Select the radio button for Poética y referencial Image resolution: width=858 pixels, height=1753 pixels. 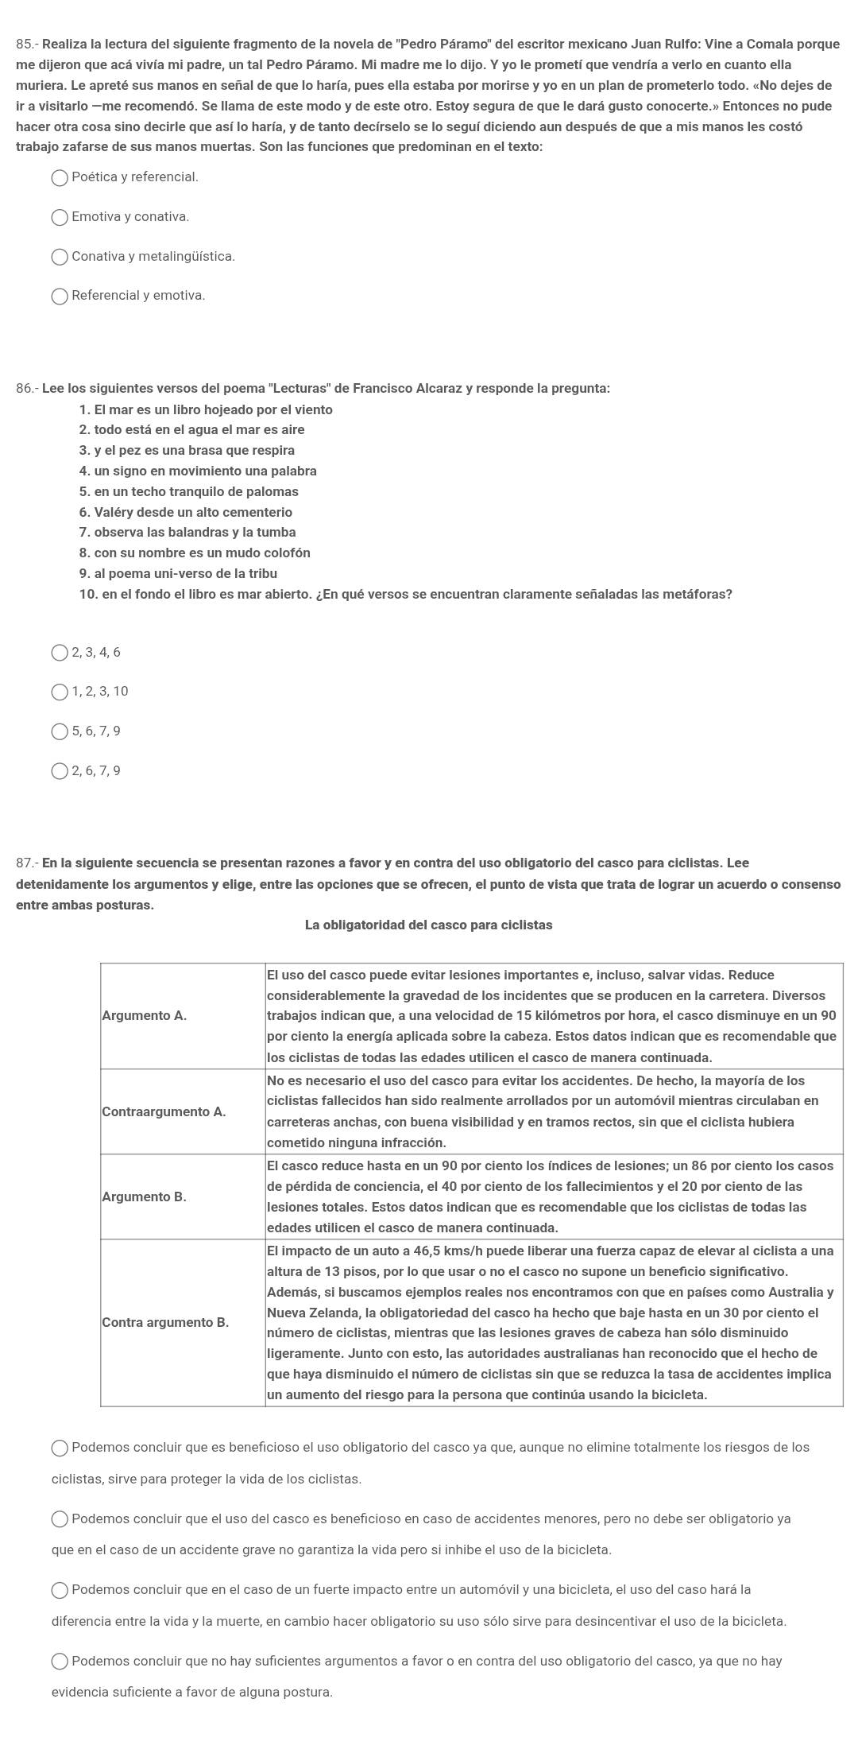click(x=60, y=178)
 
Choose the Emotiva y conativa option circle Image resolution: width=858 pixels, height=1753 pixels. click(x=60, y=218)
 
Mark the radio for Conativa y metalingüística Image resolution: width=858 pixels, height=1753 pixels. click(x=60, y=257)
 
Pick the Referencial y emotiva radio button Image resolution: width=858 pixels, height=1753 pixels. click(x=60, y=297)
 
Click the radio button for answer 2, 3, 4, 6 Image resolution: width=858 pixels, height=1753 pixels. click(x=60, y=653)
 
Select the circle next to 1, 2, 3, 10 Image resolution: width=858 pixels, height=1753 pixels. click(x=60, y=692)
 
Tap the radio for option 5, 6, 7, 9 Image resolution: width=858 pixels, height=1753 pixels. click(x=60, y=731)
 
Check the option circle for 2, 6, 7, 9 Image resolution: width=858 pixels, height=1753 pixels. click(x=60, y=771)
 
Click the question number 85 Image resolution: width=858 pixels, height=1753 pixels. click(x=26, y=44)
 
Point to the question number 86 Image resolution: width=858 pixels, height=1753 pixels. click(x=26, y=389)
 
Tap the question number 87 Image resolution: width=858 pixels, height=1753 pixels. click(x=26, y=863)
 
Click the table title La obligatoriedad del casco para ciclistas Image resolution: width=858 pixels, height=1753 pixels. click(x=428, y=925)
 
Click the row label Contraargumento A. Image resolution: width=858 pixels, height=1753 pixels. click(x=164, y=1111)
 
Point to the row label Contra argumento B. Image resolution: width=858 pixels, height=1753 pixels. click(x=165, y=1322)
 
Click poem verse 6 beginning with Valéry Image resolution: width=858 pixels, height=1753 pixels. click(x=186, y=512)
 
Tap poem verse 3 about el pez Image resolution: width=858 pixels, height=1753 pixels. click(x=187, y=450)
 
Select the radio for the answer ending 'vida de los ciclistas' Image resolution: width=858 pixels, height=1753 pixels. click(x=60, y=1449)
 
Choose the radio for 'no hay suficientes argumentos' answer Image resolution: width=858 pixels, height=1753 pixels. click(x=60, y=1662)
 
